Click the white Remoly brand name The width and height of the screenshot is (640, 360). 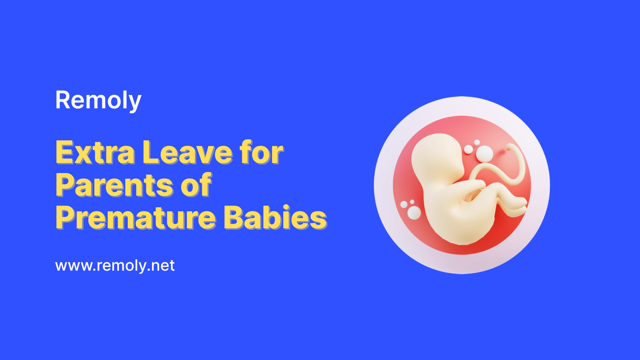click(x=98, y=101)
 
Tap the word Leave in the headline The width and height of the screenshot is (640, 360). click(x=187, y=153)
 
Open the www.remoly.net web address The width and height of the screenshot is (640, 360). click(x=115, y=266)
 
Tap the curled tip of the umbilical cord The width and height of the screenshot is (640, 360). click(x=510, y=147)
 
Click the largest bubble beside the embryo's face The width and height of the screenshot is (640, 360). click(x=484, y=154)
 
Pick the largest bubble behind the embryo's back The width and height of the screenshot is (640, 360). click(x=414, y=213)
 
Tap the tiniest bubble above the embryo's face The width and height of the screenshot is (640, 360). click(x=477, y=142)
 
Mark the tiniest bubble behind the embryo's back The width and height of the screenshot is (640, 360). click(x=412, y=202)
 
